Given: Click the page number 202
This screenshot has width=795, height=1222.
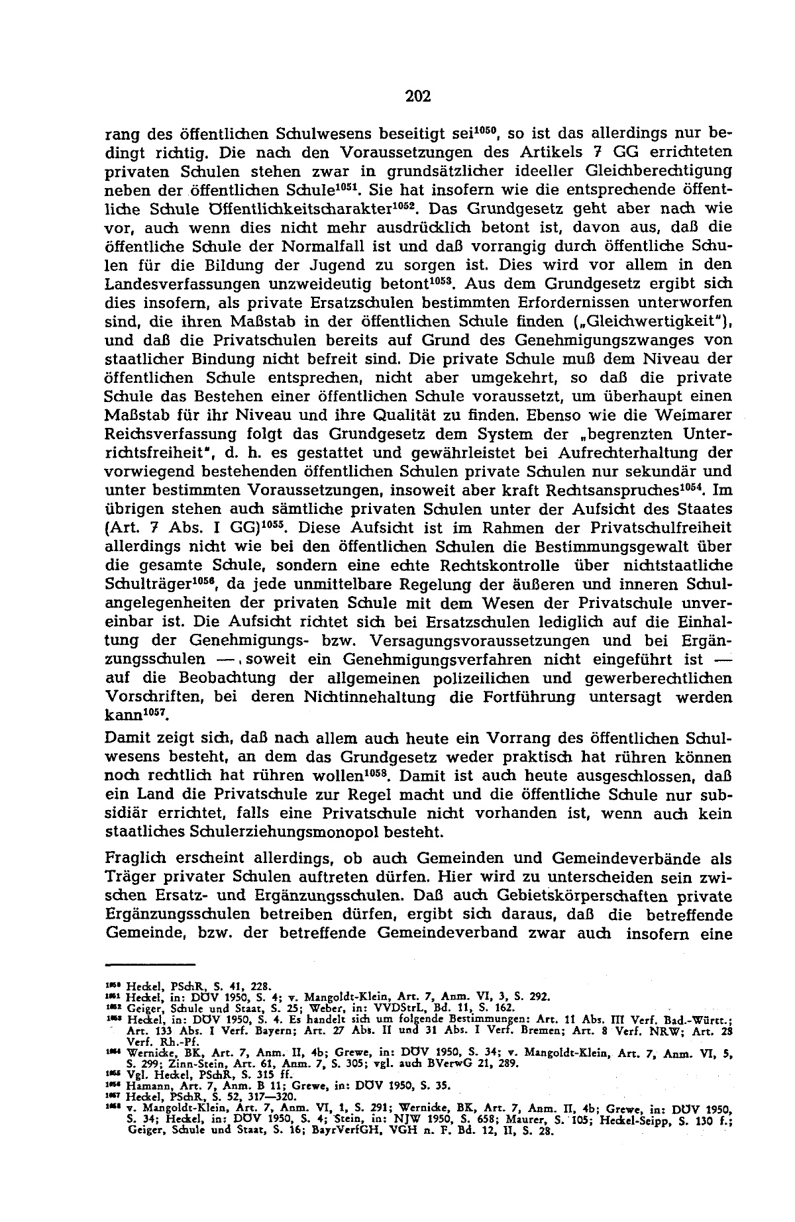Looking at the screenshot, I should click(418, 97).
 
